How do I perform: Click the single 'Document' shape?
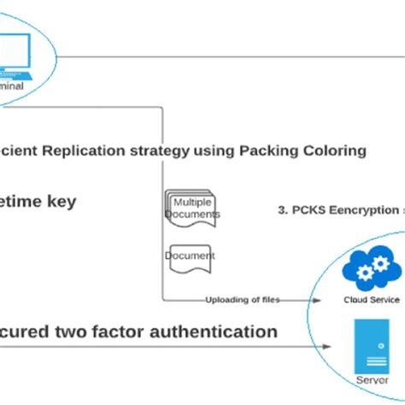pyautogui.click(x=189, y=255)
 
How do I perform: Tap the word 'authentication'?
pyautogui.click(x=220, y=332)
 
